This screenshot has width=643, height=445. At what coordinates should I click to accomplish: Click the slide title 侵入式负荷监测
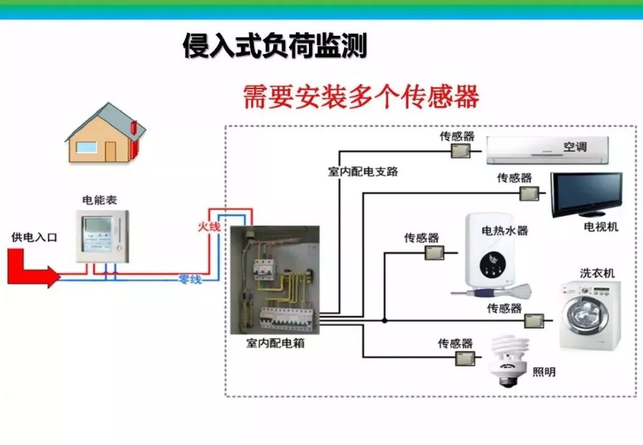tap(274, 46)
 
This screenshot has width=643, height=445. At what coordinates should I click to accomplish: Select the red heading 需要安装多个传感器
tap(361, 97)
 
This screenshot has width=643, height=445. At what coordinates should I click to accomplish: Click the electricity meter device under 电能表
tap(102, 236)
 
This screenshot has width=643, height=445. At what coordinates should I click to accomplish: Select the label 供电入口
tap(35, 237)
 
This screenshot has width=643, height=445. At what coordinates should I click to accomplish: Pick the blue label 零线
tap(190, 279)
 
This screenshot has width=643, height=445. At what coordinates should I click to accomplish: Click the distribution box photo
tap(274, 280)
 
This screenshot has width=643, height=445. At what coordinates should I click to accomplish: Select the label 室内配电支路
tap(363, 171)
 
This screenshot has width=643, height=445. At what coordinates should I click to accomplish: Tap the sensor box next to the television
tap(529, 193)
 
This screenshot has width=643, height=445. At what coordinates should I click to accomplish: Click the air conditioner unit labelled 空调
tap(547, 150)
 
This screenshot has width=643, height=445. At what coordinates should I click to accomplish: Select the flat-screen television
tap(586, 193)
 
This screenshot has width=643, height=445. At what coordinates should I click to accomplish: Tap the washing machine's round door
tap(582, 313)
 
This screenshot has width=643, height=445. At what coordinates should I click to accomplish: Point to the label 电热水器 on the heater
tap(504, 230)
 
